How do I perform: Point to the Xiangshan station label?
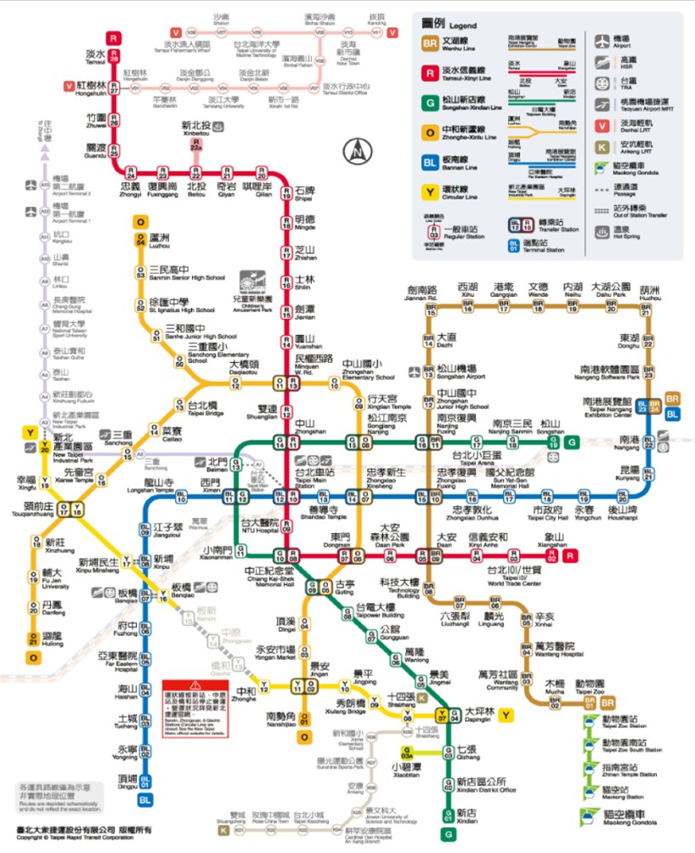point(554,538)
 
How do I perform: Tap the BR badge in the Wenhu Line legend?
point(430,43)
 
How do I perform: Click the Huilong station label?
point(53,637)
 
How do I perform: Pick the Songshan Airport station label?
point(462,371)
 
